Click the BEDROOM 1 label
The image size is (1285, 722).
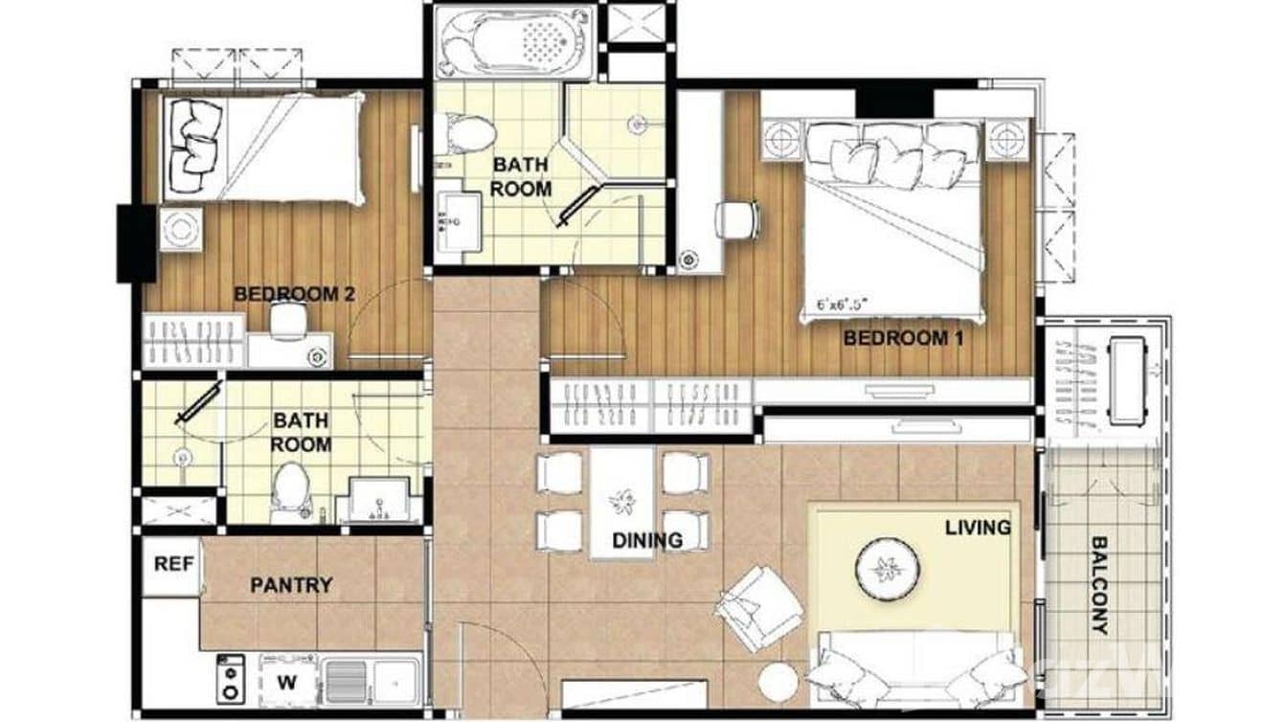click(902, 338)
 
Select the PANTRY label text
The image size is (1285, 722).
click(291, 585)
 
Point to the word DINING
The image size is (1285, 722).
click(648, 541)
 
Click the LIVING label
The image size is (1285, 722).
click(977, 528)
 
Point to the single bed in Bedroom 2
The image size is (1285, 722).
click(262, 147)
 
